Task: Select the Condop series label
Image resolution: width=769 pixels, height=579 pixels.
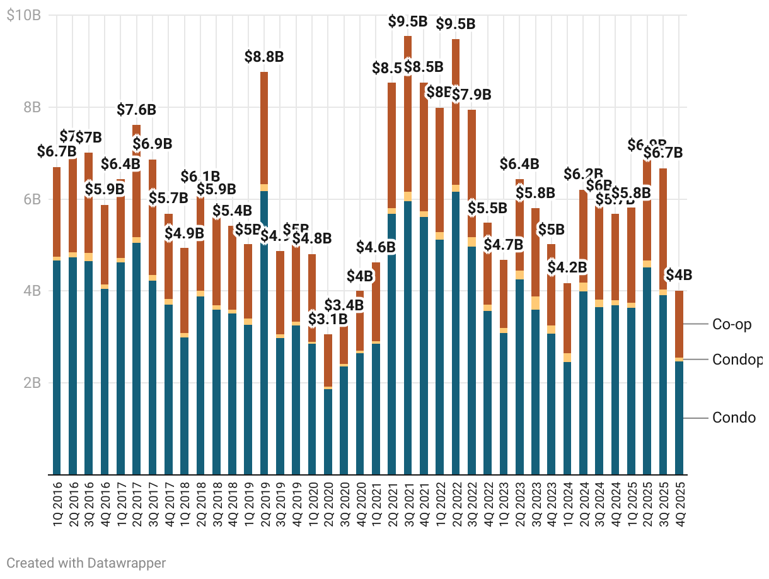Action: [x=737, y=360]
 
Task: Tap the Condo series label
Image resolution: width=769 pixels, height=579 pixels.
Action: [x=734, y=418]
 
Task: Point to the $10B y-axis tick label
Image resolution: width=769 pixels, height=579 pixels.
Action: [x=23, y=16]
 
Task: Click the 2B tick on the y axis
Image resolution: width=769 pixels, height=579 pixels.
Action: [x=32, y=383]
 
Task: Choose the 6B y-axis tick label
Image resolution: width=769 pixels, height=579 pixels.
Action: [x=32, y=199]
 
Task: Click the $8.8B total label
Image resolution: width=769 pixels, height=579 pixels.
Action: [x=264, y=57]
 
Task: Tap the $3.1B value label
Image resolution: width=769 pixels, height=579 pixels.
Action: [x=328, y=319]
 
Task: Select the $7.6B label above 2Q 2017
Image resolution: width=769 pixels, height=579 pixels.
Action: [x=136, y=110]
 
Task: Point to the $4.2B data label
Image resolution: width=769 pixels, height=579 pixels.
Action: [x=567, y=267]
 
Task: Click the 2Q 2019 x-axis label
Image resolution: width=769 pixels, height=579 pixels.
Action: [x=264, y=505]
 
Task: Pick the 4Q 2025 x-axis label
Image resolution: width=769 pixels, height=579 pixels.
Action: [x=679, y=505]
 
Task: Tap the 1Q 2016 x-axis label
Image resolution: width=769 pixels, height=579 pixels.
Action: [x=57, y=505]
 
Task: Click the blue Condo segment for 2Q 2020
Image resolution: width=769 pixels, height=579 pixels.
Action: [x=328, y=432]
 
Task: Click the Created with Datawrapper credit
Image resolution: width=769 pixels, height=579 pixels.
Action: [x=86, y=563]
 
